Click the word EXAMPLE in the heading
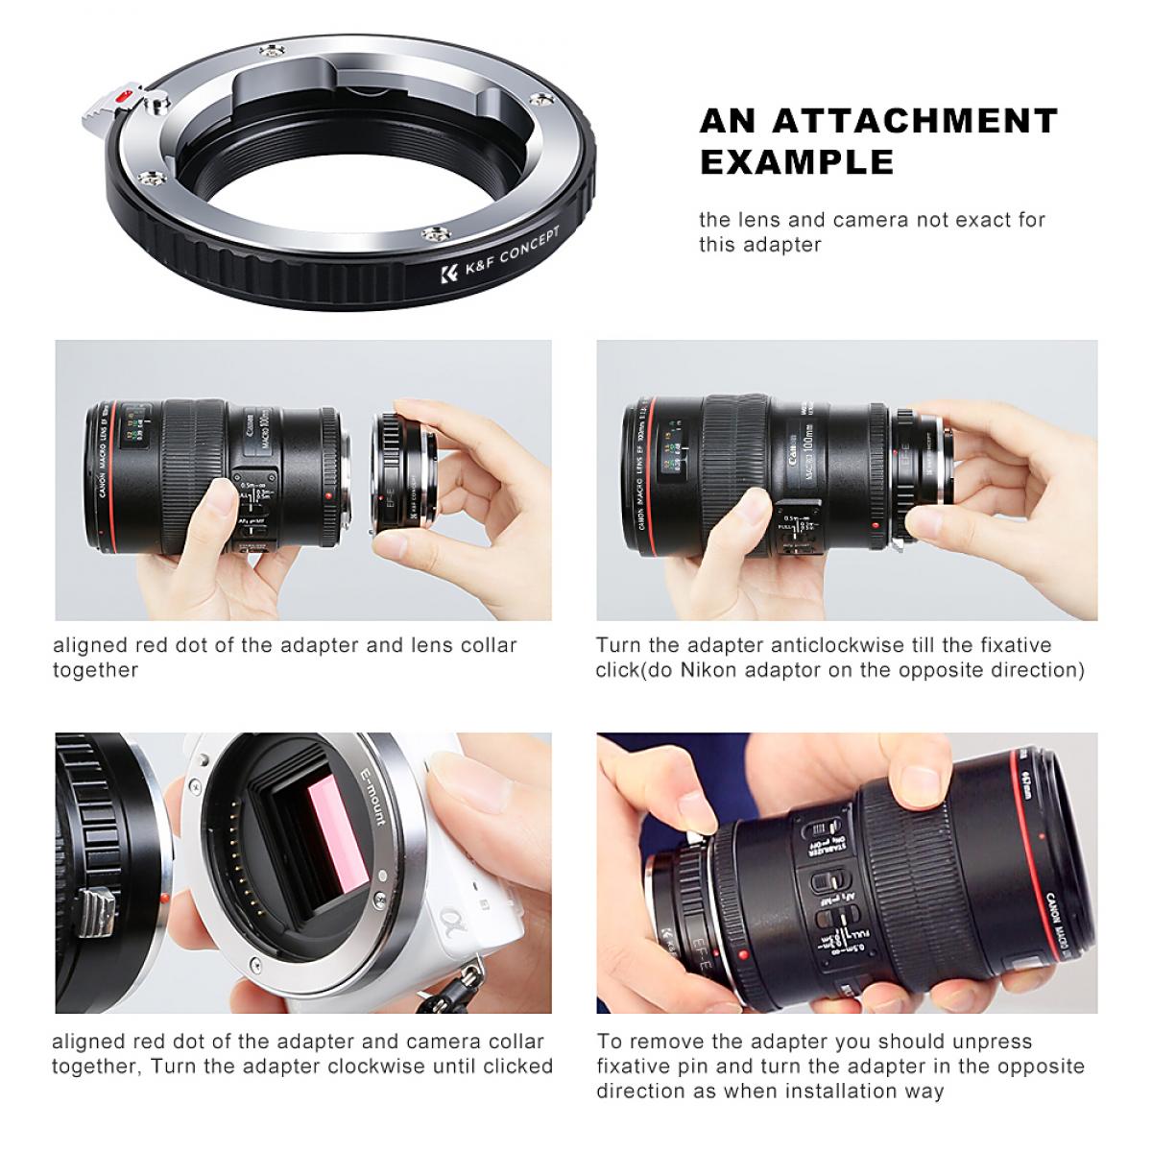[x=796, y=162]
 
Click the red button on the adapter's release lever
[x=122, y=97]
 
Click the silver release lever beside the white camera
[x=94, y=905]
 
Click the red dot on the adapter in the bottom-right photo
[x=745, y=957]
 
